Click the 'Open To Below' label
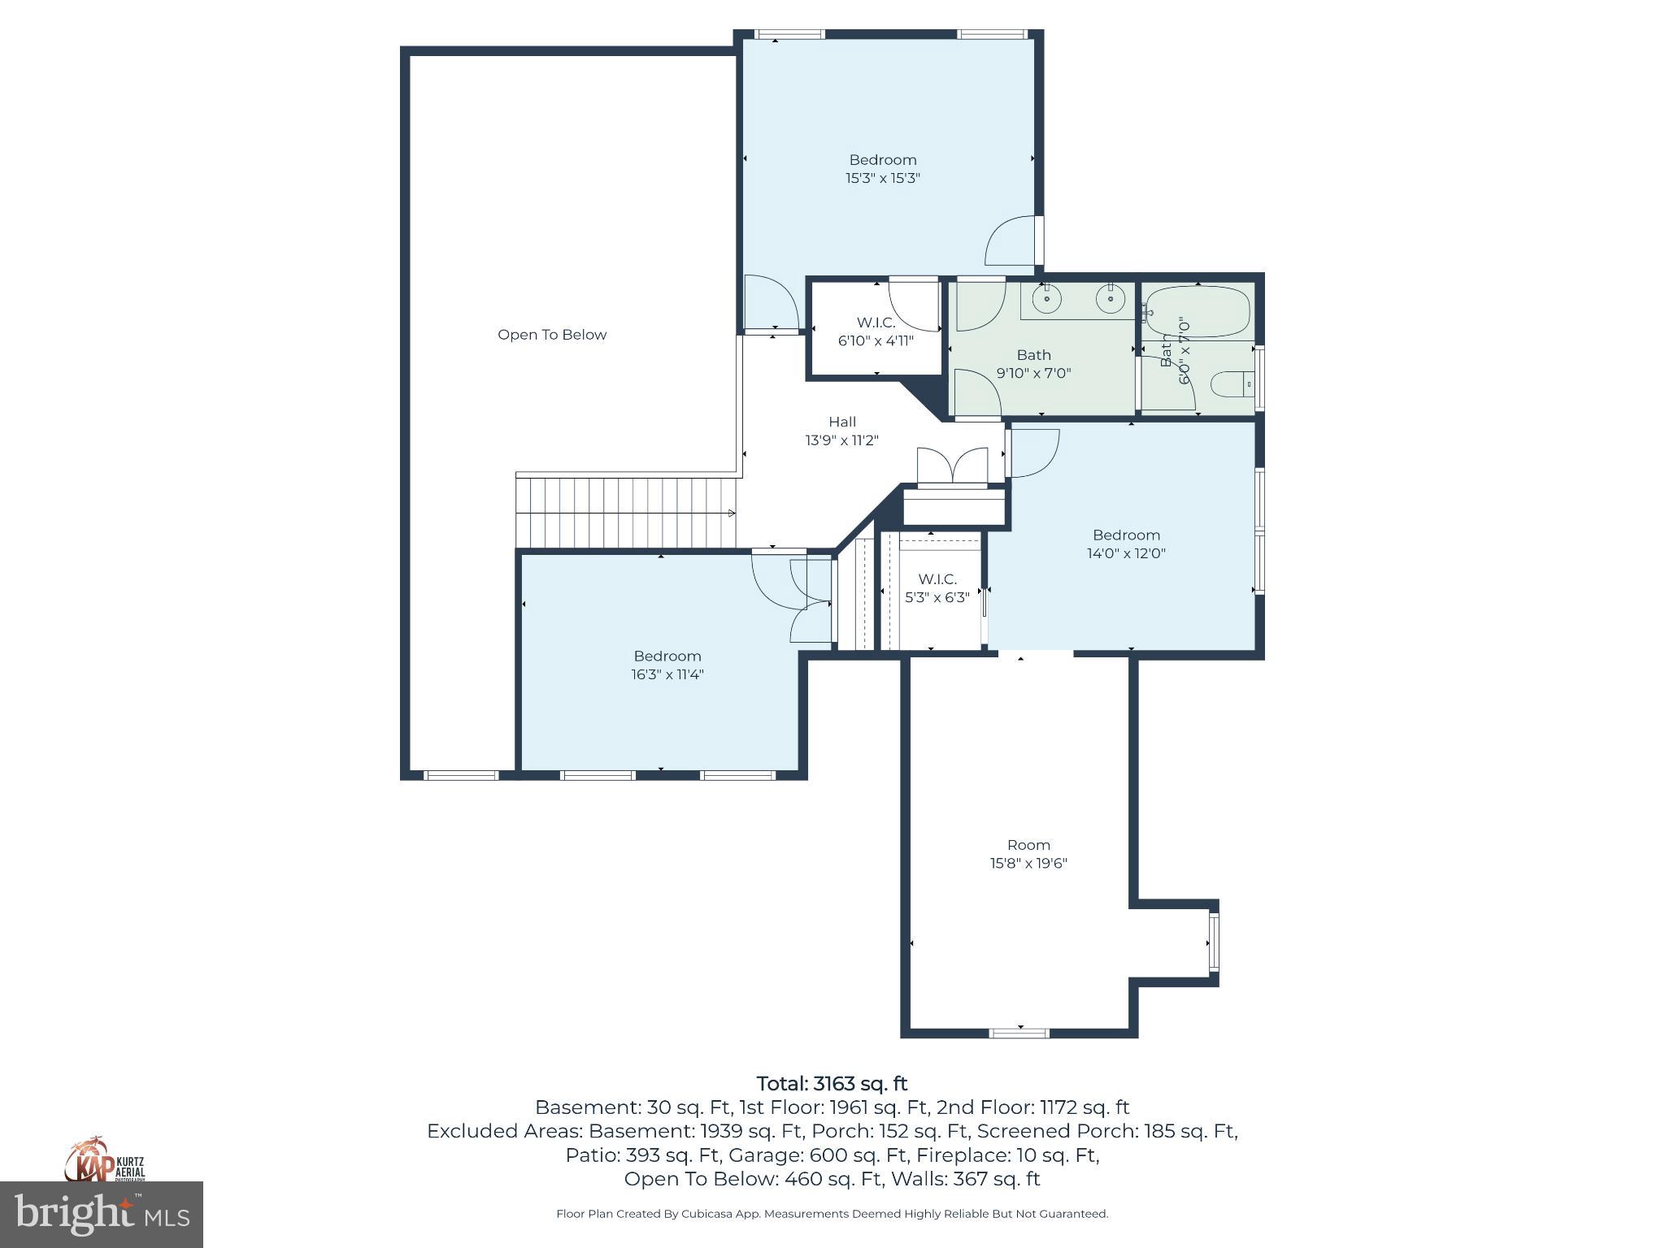552,335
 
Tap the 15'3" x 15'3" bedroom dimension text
882,178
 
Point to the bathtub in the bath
1198,312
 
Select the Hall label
842,422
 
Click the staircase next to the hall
626,513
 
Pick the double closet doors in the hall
952,467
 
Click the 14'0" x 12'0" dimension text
1126,553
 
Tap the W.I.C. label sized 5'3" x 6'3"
937,579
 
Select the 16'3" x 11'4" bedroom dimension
667,674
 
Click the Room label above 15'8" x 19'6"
1028,845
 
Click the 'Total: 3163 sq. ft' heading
832,1084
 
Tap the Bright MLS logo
102,1214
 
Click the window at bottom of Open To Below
461,775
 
